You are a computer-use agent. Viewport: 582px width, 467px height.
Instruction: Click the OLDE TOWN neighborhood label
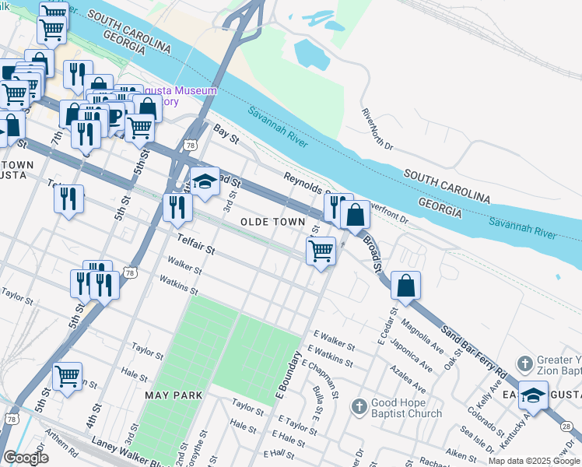coord(272,222)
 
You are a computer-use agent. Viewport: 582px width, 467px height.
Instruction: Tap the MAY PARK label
coord(174,395)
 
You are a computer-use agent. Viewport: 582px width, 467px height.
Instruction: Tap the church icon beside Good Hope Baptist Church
coord(359,406)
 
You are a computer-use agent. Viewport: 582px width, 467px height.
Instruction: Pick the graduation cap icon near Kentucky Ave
coord(533,395)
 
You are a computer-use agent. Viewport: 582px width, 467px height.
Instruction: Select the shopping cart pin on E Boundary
coord(321,251)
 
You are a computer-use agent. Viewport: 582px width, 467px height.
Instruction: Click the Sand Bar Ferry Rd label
coord(486,346)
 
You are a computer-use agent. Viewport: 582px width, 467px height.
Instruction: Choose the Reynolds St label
coord(303,183)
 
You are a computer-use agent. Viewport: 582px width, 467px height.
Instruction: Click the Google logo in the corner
coord(26,458)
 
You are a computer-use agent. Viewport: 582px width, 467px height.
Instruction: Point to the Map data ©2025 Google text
coord(534,461)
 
